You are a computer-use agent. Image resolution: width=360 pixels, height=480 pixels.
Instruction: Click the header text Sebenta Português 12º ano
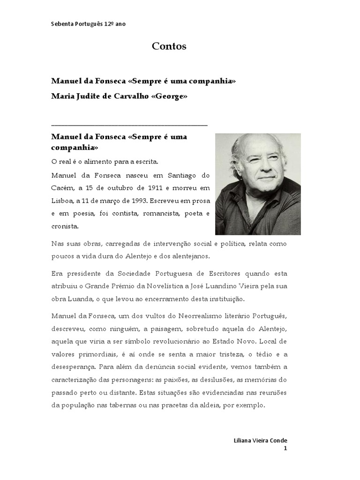pos(88,24)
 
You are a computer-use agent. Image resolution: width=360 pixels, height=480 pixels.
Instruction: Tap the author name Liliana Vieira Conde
pos(260,441)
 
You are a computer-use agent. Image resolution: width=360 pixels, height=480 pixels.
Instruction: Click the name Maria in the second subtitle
pos(62,97)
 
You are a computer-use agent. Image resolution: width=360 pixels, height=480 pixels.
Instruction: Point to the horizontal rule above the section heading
pos(129,125)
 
